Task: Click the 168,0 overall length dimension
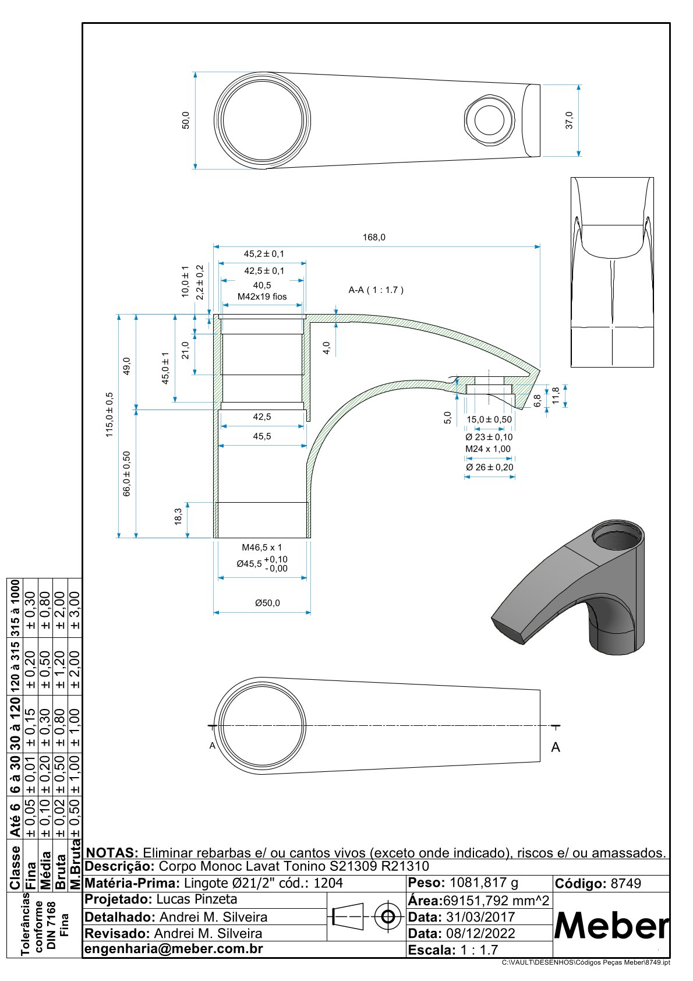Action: click(x=373, y=237)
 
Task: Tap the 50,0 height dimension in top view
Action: click(x=186, y=120)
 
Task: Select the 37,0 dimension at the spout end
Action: click(x=570, y=120)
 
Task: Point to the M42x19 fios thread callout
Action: click(x=262, y=297)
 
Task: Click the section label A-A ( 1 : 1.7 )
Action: click(x=376, y=290)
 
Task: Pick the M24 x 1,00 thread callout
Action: click(x=487, y=449)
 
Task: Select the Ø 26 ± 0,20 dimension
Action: click(x=489, y=467)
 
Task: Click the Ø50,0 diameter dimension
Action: click(x=267, y=603)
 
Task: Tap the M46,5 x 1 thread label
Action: click(x=262, y=547)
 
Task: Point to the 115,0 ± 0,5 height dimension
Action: click(x=109, y=414)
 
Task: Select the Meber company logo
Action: click(x=611, y=925)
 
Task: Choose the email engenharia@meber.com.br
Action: click(x=174, y=949)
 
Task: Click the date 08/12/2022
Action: click(x=480, y=933)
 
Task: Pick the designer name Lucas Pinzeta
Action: click(x=197, y=899)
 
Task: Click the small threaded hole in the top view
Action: click(x=489, y=121)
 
